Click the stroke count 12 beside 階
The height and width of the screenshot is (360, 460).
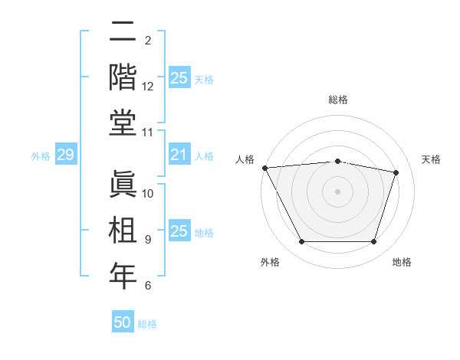(x=148, y=87)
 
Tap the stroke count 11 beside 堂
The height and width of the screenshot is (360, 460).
(x=148, y=133)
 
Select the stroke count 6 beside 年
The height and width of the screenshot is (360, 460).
(x=148, y=286)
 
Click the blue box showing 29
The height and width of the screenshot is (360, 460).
(x=65, y=155)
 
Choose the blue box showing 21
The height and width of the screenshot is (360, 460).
(x=179, y=155)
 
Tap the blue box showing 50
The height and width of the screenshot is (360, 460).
(x=123, y=322)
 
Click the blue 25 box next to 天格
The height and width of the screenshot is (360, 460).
(x=179, y=78)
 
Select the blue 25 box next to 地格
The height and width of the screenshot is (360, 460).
(x=179, y=231)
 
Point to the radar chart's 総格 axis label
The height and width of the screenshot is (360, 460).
(x=338, y=100)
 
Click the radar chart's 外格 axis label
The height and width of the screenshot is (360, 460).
(x=270, y=262)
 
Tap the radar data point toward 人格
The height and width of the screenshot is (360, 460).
(x=264, y=168)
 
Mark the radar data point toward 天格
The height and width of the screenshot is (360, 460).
(x=396, y=172)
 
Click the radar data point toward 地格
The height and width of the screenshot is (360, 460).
(x=374, y=242)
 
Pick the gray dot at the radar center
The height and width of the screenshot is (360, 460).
(x=338, y=191)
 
